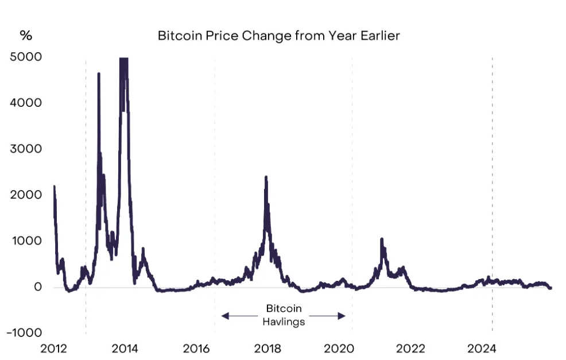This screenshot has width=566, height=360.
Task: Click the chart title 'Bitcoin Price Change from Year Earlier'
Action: (278, 36)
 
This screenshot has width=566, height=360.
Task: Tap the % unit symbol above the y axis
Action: (26, 36)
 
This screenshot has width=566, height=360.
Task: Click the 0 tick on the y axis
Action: (38, 287)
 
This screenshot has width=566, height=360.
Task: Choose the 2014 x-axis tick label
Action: (125, 348)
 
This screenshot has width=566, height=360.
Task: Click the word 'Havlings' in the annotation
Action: (284, 322)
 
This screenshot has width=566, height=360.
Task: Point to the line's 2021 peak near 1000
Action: (381, 239)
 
